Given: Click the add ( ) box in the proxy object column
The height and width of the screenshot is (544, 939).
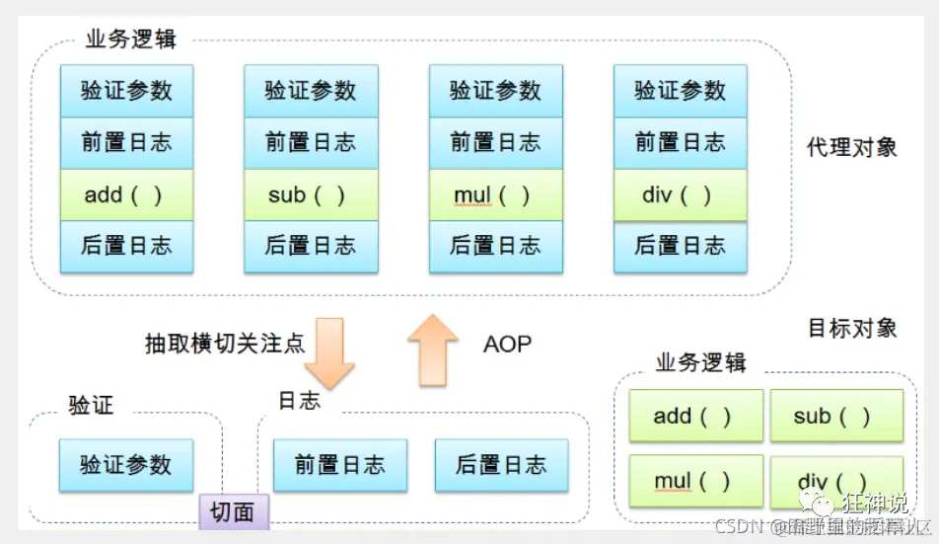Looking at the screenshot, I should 126,195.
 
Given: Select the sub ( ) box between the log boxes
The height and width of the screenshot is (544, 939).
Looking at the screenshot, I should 311,195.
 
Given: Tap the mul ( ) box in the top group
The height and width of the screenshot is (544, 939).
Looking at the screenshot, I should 495,195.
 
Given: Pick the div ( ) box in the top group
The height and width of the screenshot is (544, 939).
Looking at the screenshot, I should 680,195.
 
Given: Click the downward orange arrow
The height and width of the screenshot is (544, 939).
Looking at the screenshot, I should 328,351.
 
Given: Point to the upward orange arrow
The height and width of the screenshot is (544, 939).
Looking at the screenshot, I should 433,349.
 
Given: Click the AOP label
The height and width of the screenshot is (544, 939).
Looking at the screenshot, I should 507,345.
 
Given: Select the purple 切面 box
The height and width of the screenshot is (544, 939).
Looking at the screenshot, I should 234,511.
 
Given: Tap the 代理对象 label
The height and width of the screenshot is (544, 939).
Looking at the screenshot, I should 852,147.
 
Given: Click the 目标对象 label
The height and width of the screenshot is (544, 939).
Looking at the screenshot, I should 852,328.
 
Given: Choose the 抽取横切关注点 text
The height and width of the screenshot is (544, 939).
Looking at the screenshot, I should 225,345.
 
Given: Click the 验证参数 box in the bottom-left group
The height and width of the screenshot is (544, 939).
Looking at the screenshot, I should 126,465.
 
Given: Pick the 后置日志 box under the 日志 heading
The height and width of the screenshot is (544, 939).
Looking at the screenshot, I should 501,465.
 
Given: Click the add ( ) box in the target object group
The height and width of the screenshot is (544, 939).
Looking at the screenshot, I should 695,416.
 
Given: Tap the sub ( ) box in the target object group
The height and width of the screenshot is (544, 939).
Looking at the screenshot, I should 835,416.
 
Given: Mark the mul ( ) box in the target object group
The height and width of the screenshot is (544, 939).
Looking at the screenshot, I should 695,481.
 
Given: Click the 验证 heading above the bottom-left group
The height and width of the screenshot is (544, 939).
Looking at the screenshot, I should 91,405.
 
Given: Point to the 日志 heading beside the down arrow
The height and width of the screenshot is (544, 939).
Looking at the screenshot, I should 299,400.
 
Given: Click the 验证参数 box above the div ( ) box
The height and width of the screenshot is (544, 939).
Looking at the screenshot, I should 680,91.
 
